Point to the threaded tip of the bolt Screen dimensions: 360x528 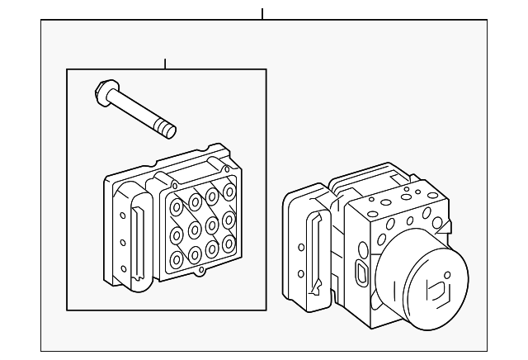pyautogui.click(x=169, y=130)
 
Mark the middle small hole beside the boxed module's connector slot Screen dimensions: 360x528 pyautogui.click(x=123, y=242)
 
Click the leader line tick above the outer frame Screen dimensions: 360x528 pyautogui.click(x=262, y=14)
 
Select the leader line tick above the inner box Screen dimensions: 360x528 pyautogui.click(x=165, y=64)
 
